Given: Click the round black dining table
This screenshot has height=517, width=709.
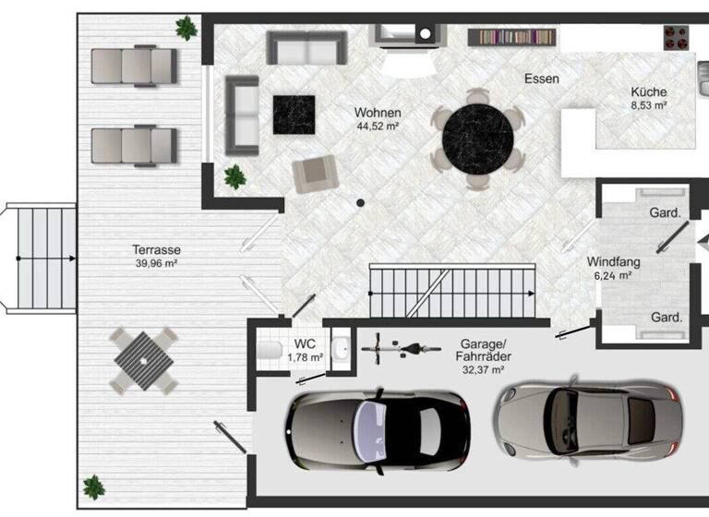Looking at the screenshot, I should click(x=478, y=139).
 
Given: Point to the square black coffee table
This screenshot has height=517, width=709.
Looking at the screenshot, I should click(x=294, y=115).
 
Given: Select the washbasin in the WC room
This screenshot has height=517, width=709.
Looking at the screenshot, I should click(x=341, y=349).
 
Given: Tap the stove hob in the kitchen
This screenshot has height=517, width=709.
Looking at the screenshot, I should click(x=677, y=37).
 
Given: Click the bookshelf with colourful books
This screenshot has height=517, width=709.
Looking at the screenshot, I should click(x=513, y=38).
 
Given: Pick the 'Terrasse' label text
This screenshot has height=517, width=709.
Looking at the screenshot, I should click(x=156, y=250).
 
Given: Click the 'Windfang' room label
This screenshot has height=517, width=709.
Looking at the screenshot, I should click(x=613, y=262).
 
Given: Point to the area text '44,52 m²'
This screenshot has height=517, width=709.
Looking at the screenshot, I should click(x=378, y=126).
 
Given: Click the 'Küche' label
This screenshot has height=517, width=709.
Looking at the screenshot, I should click(x=649, y=92).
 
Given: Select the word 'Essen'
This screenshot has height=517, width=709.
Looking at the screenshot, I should click(x=541, y=78).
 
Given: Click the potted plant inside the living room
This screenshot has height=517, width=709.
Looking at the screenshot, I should click(x=234, y=175).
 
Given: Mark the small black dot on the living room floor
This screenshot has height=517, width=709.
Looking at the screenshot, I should click(x=361, y=203).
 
